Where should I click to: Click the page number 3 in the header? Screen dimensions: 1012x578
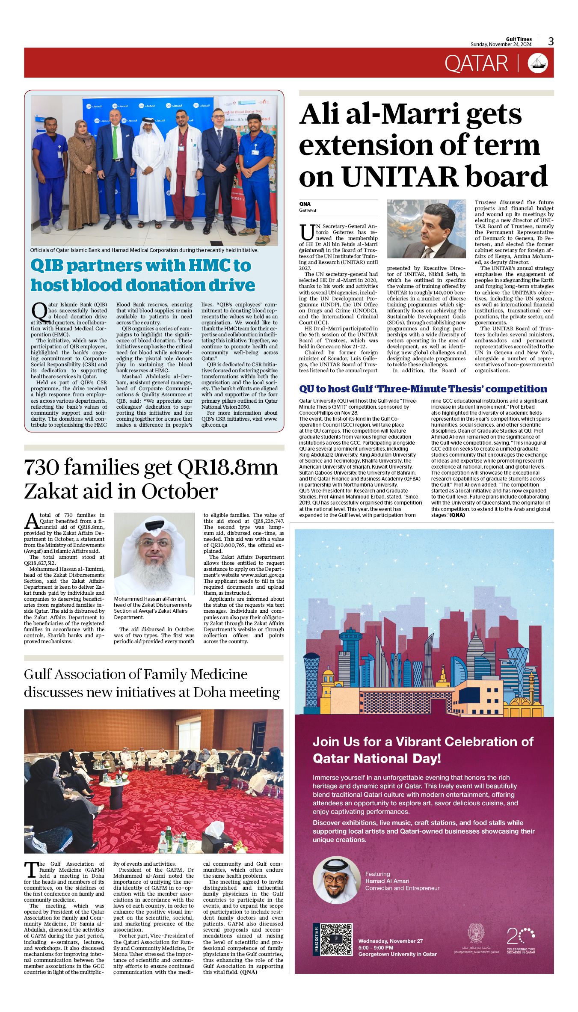551,42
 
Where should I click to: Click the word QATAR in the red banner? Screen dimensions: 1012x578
476,64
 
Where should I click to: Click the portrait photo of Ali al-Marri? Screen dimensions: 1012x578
426,229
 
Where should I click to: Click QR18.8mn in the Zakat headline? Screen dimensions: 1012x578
228,468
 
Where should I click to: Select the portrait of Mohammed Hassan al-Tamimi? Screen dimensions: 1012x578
154,553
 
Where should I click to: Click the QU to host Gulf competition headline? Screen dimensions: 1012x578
423,389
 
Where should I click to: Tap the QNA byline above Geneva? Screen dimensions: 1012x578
305,204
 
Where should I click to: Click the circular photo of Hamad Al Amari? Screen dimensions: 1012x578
336,879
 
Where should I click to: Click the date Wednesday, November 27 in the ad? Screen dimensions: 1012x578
390,941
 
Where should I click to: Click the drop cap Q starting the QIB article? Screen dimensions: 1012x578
39,311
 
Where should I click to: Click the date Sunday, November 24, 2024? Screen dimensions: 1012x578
501,45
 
